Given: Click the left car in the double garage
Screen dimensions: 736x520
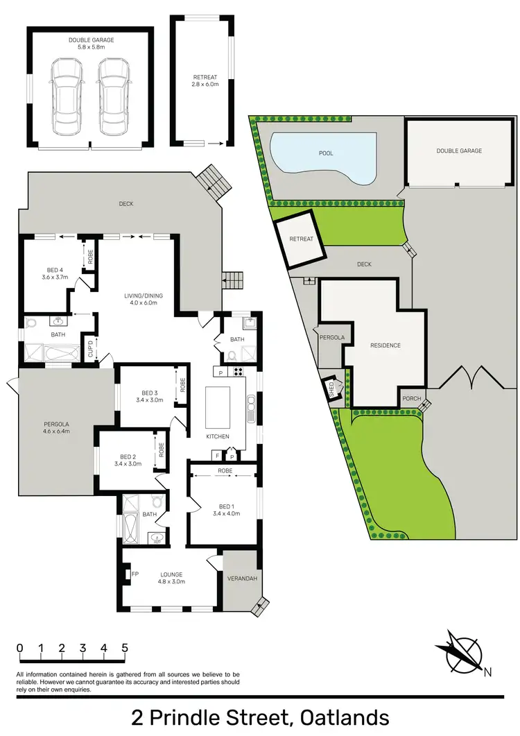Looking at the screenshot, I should pyautogui.click(x=67, y=96).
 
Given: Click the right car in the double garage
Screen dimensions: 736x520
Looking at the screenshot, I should pyautogui.click(x=113, y=96).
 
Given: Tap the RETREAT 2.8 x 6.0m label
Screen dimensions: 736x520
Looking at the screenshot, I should pyautogui.click(x=205, y=80).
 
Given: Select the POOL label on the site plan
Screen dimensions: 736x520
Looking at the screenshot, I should pyautogui.click(x=326, y=153).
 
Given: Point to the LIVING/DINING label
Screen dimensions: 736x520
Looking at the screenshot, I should pyautogui.click(x=144, y=300).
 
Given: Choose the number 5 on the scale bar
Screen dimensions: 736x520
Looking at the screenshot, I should pyautogui.click(x=125, y=649).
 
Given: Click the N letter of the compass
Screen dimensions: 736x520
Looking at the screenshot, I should pyautogui.click(x=487, y=671).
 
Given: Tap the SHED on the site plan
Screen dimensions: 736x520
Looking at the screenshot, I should pyautogui.click(x=331, y=387).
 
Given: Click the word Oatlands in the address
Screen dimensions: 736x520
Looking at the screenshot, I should pyautogui.click(x=344, y=717).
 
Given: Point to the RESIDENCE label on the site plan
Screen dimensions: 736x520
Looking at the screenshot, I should pyautogui.click(x=385, y=345).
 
